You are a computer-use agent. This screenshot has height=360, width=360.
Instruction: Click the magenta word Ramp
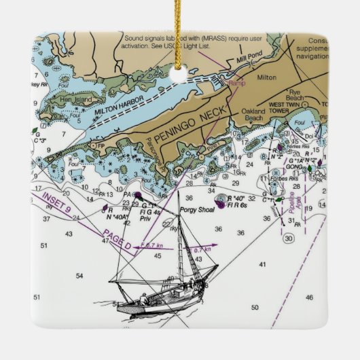237,83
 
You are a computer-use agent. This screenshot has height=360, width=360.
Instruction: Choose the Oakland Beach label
253,113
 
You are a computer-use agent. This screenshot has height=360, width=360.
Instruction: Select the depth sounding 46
309,298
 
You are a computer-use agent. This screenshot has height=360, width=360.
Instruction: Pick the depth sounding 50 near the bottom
255,307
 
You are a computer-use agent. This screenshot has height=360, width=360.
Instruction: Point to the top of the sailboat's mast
179,192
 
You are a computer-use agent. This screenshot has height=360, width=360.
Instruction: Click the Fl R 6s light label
237,204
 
